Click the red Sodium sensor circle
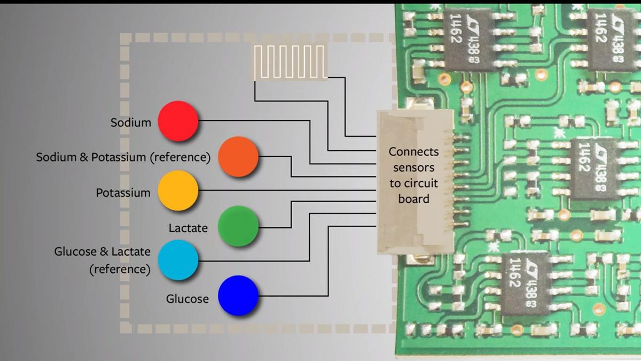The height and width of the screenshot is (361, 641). (x=178, y=121)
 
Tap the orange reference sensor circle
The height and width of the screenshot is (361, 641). (x=238, y=157)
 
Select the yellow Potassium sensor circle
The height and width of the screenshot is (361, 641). (x=178, y=191)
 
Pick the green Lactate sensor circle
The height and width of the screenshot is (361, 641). (x=238, y=226)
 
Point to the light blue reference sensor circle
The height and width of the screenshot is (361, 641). (x=178, y=260)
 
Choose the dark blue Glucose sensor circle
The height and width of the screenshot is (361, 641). (x=238, y=295)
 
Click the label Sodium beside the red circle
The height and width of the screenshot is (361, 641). (x=131, y=122)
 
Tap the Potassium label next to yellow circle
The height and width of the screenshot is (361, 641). (x=123, y=193)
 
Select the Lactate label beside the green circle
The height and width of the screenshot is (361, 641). (x=188, y=228)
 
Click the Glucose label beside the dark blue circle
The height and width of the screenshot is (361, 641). (x=187, y=298)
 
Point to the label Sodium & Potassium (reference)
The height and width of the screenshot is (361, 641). (x=123, y=158)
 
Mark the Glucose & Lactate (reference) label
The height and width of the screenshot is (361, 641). (x=103, y=260)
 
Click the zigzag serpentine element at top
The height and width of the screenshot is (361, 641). (x=290, y=62)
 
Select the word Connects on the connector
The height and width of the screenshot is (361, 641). (x=413, y=152)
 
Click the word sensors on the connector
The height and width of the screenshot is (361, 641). (x=413, y=167)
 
